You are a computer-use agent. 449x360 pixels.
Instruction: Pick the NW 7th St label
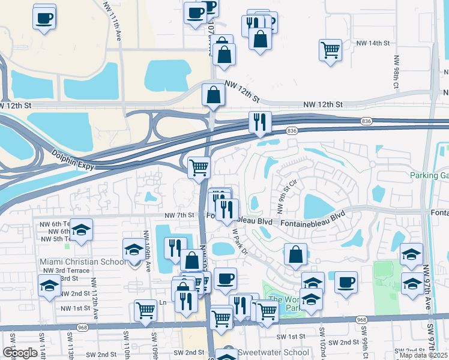coord(179,215)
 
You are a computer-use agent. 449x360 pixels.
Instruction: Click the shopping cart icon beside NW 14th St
coord(330,50)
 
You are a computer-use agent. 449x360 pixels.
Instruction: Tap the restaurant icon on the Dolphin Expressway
coord(260,122)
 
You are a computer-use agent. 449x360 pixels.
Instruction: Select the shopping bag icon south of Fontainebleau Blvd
coord(295,254)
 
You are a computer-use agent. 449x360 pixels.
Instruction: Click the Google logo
coord(20,353)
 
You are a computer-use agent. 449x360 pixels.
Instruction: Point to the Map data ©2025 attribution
coord(424,355)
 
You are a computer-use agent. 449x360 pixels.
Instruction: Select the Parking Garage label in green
coord(429,176)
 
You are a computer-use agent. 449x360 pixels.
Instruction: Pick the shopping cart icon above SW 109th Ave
coord(145,310)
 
